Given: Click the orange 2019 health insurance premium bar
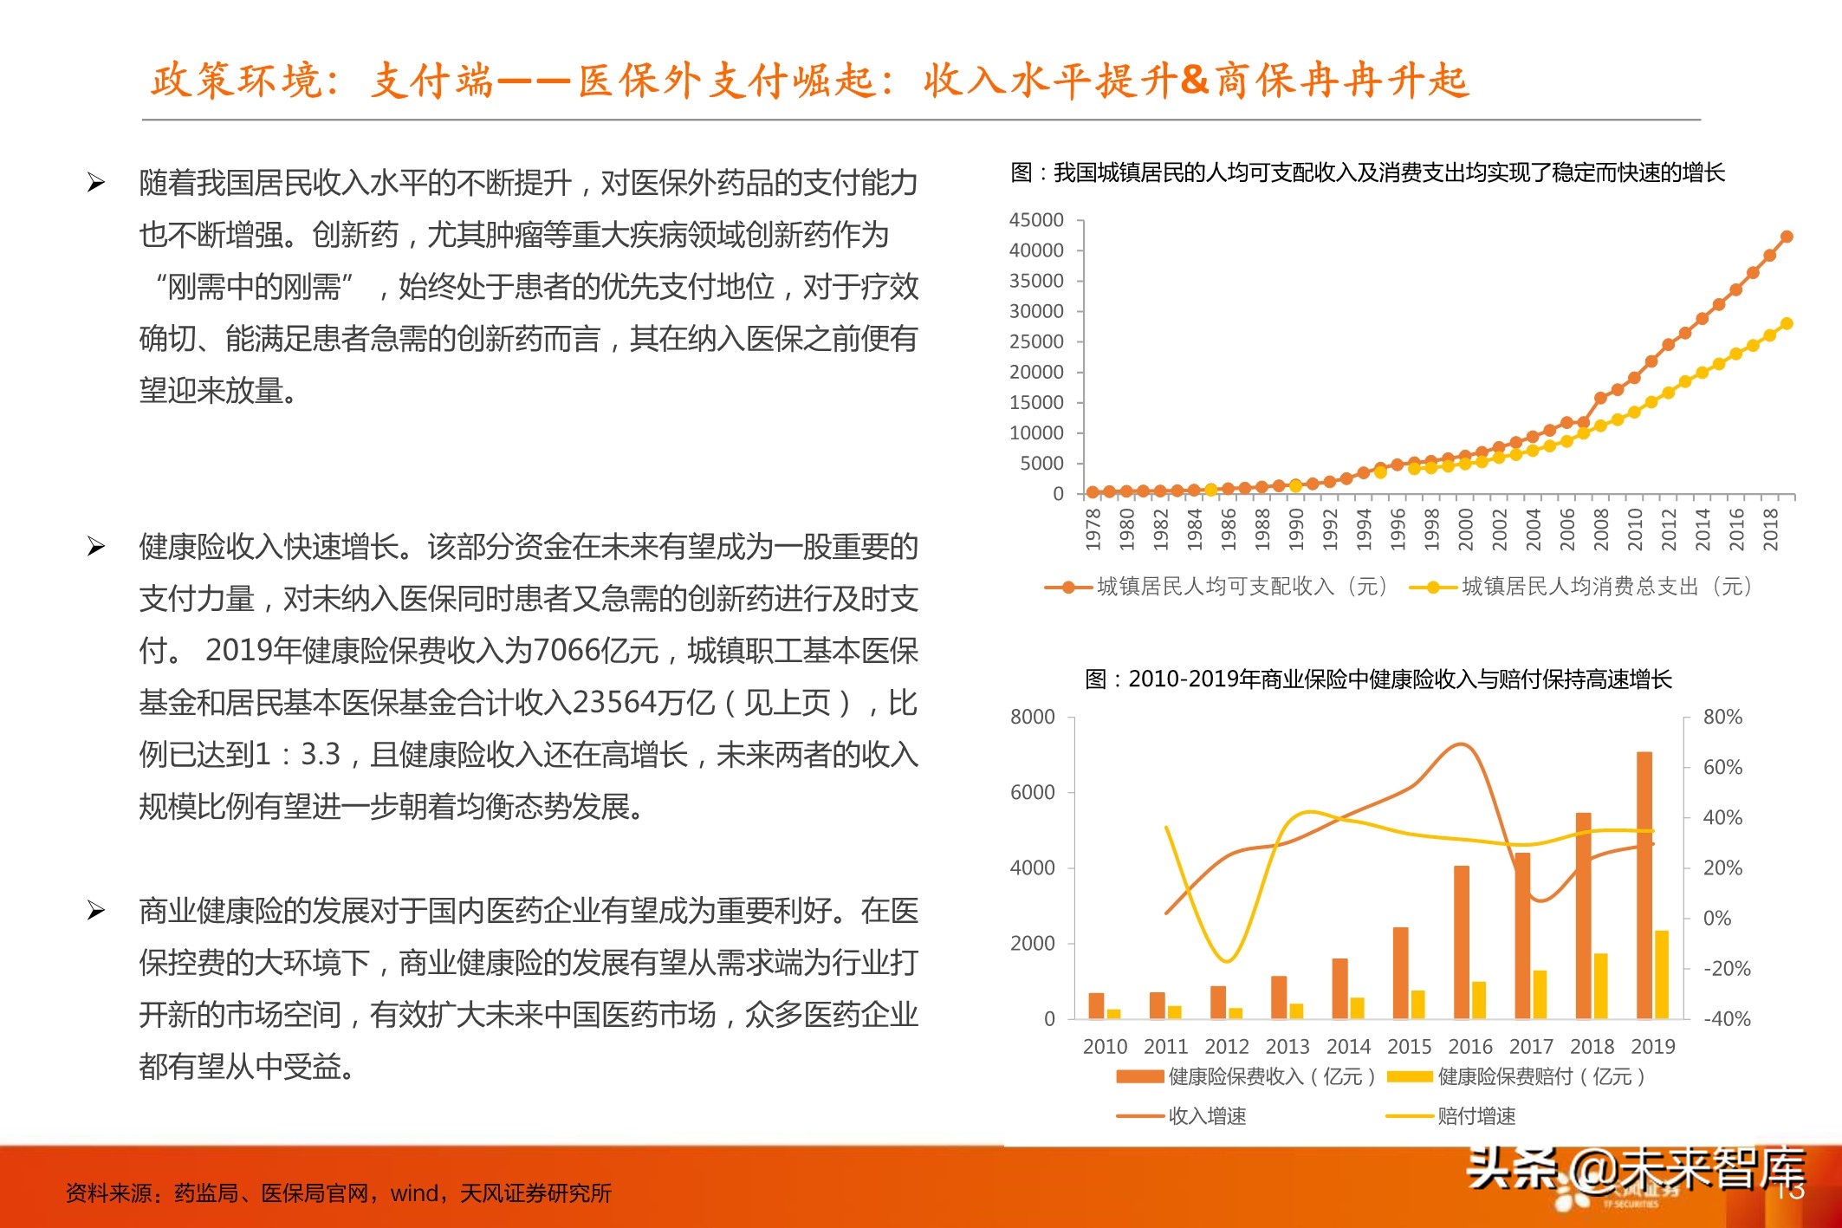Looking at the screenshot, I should pos(1644,884).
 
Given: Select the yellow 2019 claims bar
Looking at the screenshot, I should pos(1662,974).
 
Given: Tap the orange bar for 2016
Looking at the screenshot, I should pos(1462,941).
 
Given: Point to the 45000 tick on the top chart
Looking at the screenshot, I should pos(1036,220).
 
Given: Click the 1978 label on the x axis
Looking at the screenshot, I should pos(1093,529).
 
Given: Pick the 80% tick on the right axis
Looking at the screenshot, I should pos(1722,718).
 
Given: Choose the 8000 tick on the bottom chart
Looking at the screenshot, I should pos(1032,718).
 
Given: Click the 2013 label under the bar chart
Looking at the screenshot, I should pos(1287,1047).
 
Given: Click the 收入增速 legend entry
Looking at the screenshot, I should pos(1207,1116).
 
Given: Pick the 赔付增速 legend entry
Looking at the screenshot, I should pos(1476,1116).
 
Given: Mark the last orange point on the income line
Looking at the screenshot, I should pos(1787,237).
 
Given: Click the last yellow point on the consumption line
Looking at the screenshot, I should pos(1787,324).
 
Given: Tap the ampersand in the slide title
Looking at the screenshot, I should pos(1194,80).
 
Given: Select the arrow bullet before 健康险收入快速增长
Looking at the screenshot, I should pos(96,547).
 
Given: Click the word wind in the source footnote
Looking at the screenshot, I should pos(414,1193).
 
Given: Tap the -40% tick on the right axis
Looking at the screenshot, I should pos(1727,1019).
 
